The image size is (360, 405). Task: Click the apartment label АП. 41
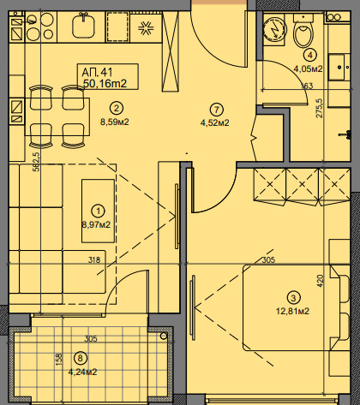pos(97,72)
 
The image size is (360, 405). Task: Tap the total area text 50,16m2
pos(105,84)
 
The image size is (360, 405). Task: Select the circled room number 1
pos(98,211)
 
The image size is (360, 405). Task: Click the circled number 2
pos(117,108)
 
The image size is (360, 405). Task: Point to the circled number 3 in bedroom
pos(293,298)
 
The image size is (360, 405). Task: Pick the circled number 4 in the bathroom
pos(310,55)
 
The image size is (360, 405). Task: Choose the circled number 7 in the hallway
pos(216,110)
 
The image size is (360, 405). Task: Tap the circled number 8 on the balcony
pos(80,358)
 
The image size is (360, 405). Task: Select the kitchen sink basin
pos(83,27)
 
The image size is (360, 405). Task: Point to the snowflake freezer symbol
pos(146,28)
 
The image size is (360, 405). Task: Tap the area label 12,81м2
pos(292,311)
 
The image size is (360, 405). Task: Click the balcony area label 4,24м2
pos(82,372)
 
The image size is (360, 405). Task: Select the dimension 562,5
pos(36,162)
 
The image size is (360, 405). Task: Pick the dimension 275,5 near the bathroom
pos(319,108)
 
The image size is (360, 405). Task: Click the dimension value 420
pos(321,281)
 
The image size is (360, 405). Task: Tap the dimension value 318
pos(94,259)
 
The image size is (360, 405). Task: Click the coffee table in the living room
pos(99,211)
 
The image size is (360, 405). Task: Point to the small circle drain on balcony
pos(164,337)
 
